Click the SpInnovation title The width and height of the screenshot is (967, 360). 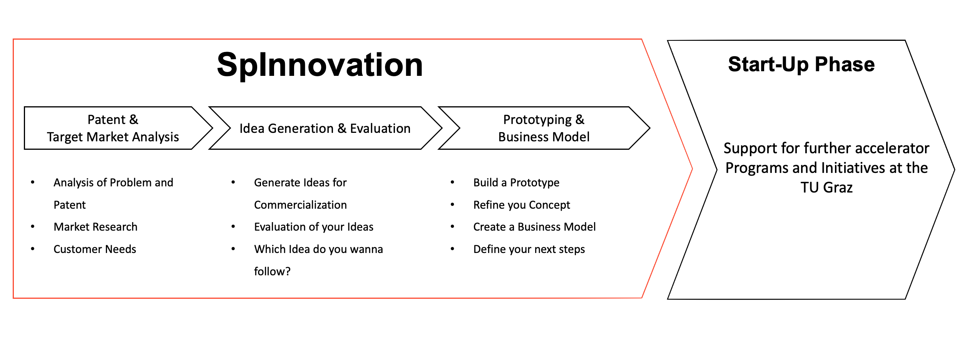pos(320,65)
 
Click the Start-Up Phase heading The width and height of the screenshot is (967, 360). pos(801,64)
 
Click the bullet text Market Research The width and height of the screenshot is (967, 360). pos(95,227)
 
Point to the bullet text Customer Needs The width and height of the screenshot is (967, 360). pos(95,249)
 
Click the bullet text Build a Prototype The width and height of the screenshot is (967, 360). pos(516,183)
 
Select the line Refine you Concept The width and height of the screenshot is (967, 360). pos(522,205)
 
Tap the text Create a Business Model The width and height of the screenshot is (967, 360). pos(534,227)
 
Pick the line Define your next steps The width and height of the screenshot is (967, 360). pos(529,249)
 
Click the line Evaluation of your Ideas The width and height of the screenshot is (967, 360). pos(314,227)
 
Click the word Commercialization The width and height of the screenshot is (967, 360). pos(300,205)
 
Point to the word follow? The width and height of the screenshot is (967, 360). pos(272,271)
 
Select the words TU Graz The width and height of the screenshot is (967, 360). pos(826,188)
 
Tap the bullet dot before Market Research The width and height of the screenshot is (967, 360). pos(33,227)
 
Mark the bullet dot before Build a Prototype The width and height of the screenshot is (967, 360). pos(452,183)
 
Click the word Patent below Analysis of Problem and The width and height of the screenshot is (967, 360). pos(70,205)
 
